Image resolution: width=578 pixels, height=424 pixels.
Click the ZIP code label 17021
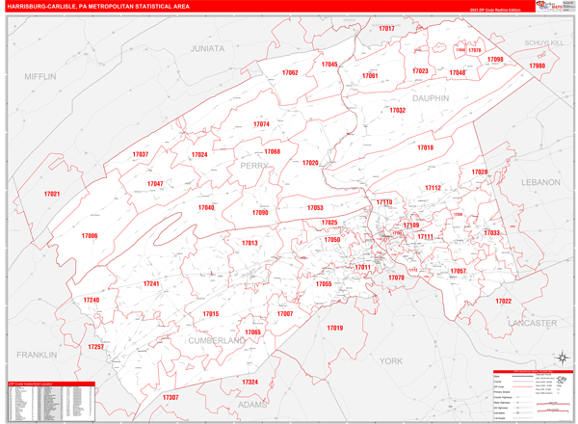coord(51,195)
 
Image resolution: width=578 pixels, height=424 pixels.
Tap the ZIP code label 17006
coord(90,236)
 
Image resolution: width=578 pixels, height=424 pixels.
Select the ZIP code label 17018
coord(426,147)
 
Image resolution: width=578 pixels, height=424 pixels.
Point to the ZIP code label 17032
coord(397,111)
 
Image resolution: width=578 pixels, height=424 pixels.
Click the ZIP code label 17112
coord(433,188)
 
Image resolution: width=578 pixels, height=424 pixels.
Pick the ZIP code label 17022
coord(503,302)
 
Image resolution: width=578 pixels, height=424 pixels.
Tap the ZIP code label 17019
coord(334,328)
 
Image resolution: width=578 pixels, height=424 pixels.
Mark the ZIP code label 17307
coord(171,397)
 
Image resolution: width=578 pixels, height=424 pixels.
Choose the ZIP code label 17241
coord(151,283)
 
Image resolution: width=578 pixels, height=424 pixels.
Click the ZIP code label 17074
coord(261,124)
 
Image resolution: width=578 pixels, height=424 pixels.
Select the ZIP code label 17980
coord(537,66)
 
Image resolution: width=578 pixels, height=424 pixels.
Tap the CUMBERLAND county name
coord(218,341)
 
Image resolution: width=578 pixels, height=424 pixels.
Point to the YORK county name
coord(390,360)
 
